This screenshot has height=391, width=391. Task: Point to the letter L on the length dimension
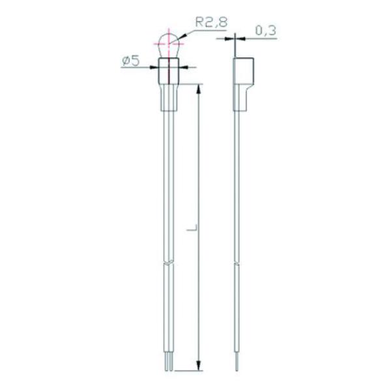click(190, 230)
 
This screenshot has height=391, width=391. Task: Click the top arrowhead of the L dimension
click(197, 88)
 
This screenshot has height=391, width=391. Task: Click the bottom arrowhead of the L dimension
click(197, 368)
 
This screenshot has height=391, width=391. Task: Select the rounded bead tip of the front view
click(169, 46)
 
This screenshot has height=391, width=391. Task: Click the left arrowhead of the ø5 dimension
click(157, 65)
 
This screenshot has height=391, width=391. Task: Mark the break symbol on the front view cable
click(169, 264)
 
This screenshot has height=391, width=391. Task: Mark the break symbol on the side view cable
click(239, 264)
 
